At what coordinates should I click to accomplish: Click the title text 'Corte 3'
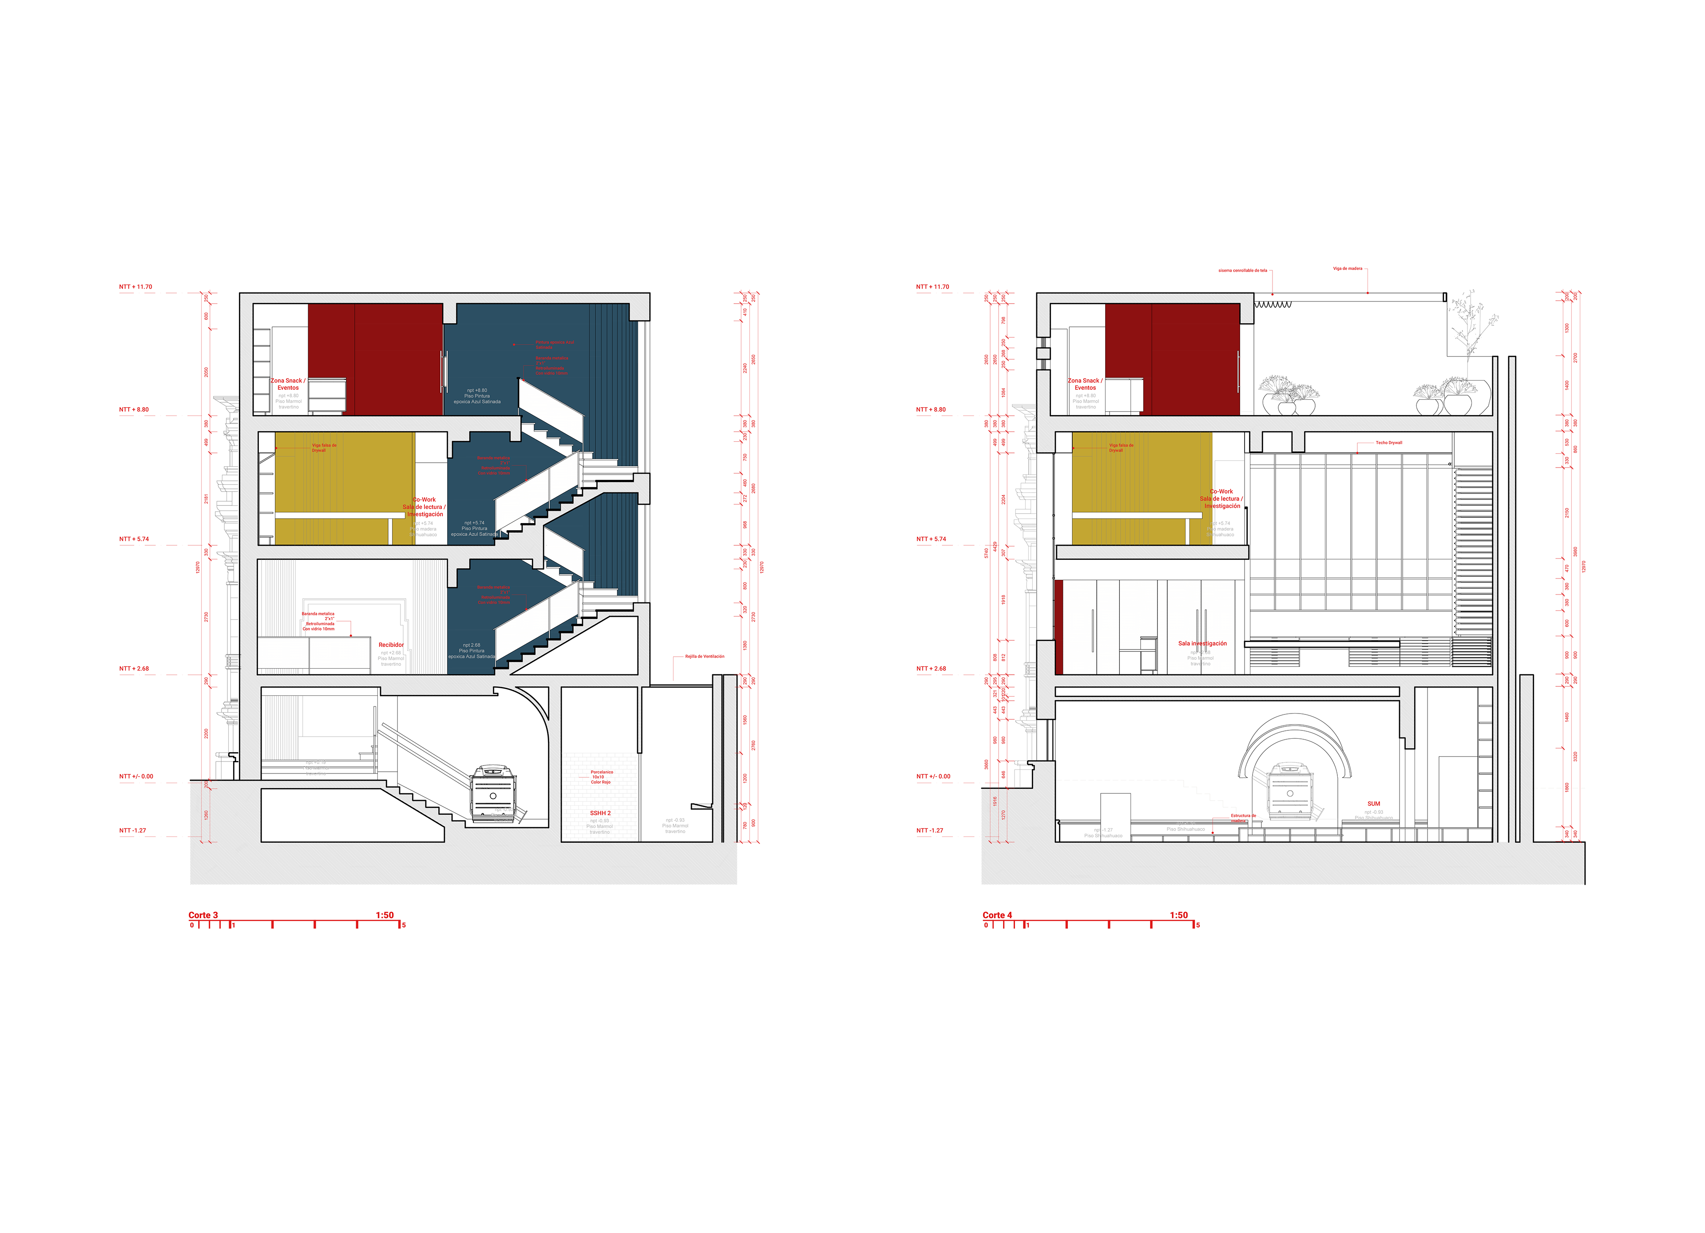(x=203, y=915)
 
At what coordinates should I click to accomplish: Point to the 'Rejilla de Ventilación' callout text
(x=704, y=656)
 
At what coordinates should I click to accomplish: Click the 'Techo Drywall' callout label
(x=1388, y=443)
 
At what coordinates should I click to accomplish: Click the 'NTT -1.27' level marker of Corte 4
(x=930, y=831)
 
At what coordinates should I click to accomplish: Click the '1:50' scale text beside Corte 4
(x=1179, y=915)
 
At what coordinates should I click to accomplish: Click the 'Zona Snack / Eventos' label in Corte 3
(x=288, y=384)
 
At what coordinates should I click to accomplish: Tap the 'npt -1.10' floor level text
(x=1186, y=824)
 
